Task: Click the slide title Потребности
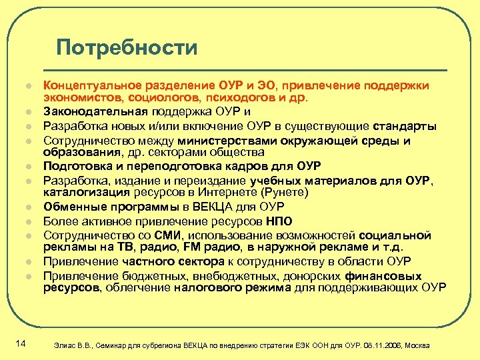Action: [x=127, y=47]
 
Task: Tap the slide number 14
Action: [x=19, y=343]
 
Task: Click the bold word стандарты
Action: [x=405, y=126]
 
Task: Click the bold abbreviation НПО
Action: [x=278, y=221]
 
